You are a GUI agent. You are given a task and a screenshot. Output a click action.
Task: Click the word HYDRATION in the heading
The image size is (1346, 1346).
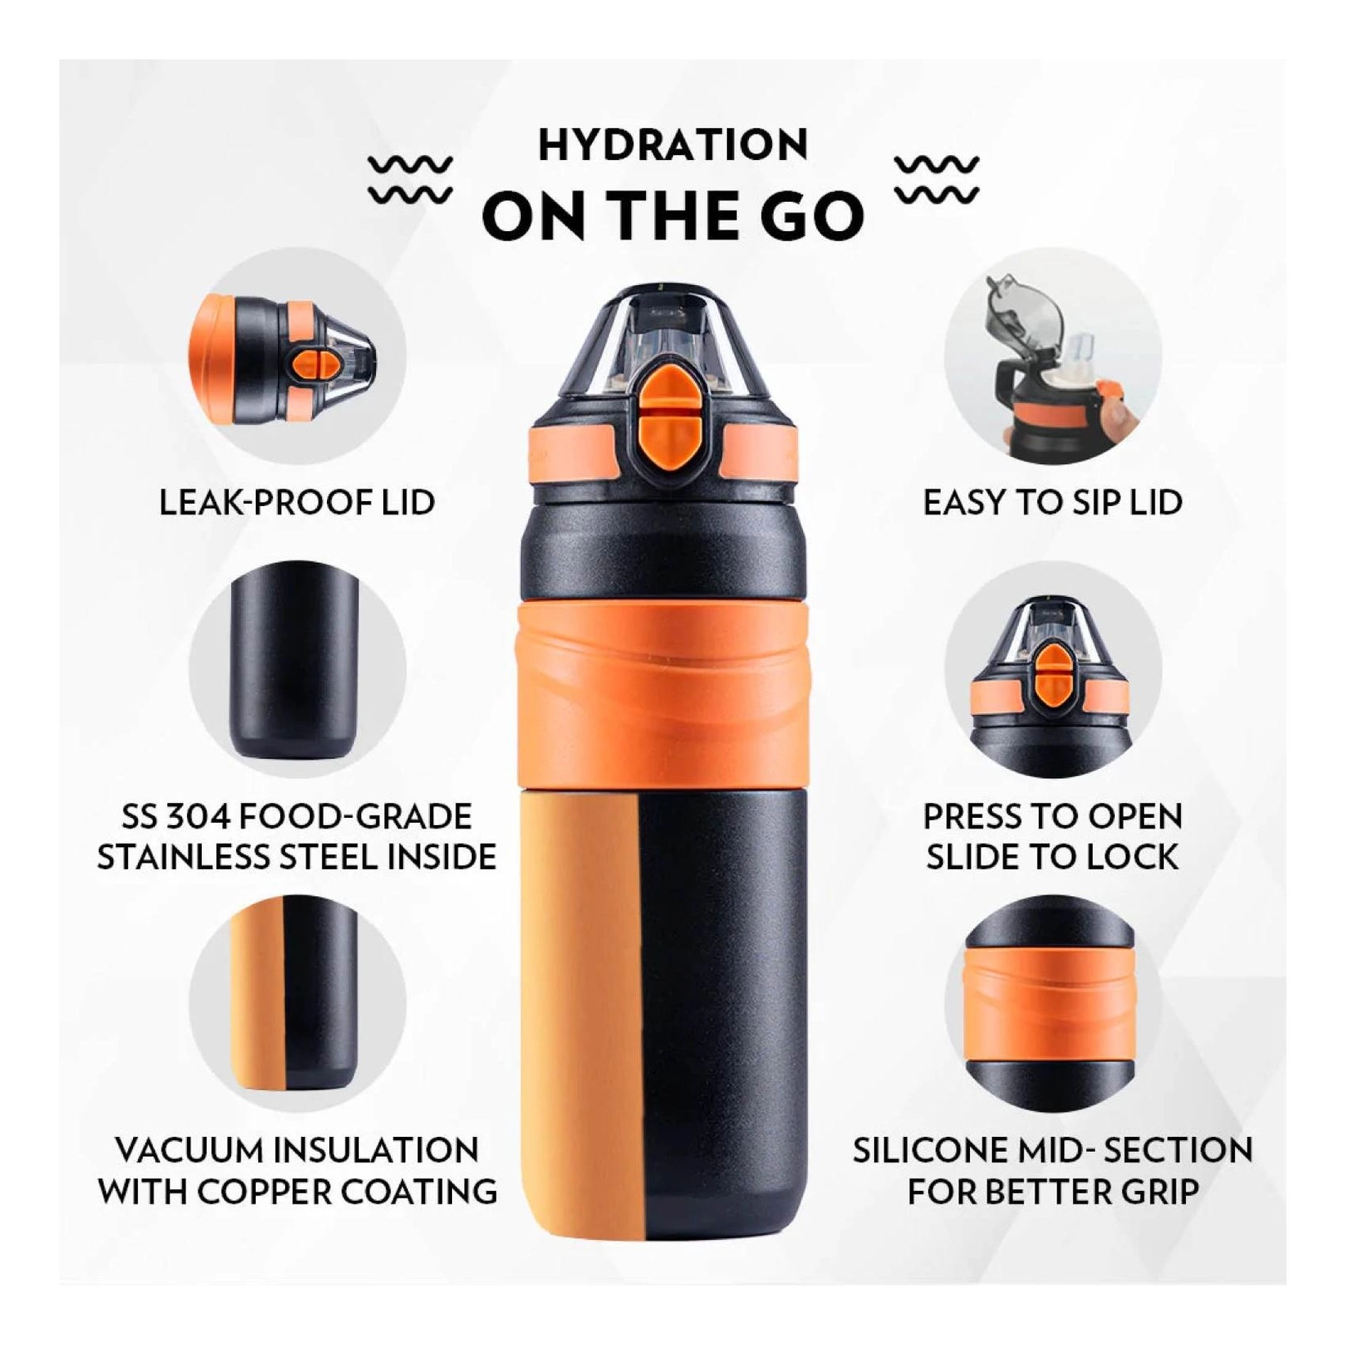point(673,146)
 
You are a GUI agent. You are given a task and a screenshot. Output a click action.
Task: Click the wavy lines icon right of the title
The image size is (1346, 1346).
point(937,179)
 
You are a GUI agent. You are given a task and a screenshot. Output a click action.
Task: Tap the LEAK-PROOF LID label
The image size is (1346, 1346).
point(297,503)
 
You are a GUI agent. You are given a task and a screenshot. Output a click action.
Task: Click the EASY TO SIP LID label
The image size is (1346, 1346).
point(1052,503)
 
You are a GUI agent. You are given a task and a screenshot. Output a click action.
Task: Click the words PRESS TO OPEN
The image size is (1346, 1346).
point(1052,816)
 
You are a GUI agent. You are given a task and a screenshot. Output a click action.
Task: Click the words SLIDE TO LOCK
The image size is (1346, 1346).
point(1052,857)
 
